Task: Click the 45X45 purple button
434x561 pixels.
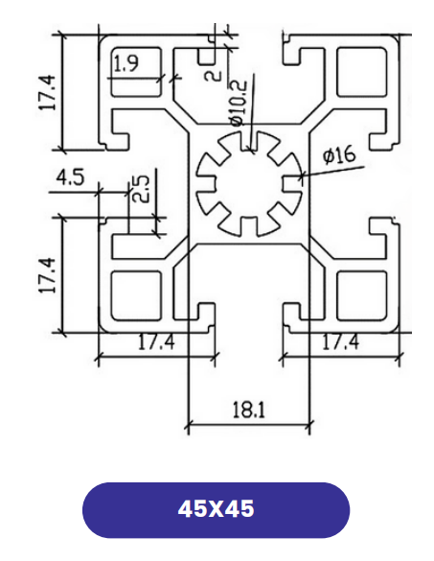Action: (x=216, y=509)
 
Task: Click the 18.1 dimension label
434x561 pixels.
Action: (x=249, y=410)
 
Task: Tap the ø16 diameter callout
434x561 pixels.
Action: (x=339, y=154)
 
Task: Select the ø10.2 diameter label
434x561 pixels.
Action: (x=239, y=103)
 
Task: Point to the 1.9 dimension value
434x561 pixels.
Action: (x=126, y=63)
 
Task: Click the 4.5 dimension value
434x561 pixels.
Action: (x=71, y=177)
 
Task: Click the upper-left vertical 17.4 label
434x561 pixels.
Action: (x=47, y=92)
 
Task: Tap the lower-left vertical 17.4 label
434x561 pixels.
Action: (x=47, y=275)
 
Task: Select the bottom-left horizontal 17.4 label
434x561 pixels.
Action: (x=156, y=342)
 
